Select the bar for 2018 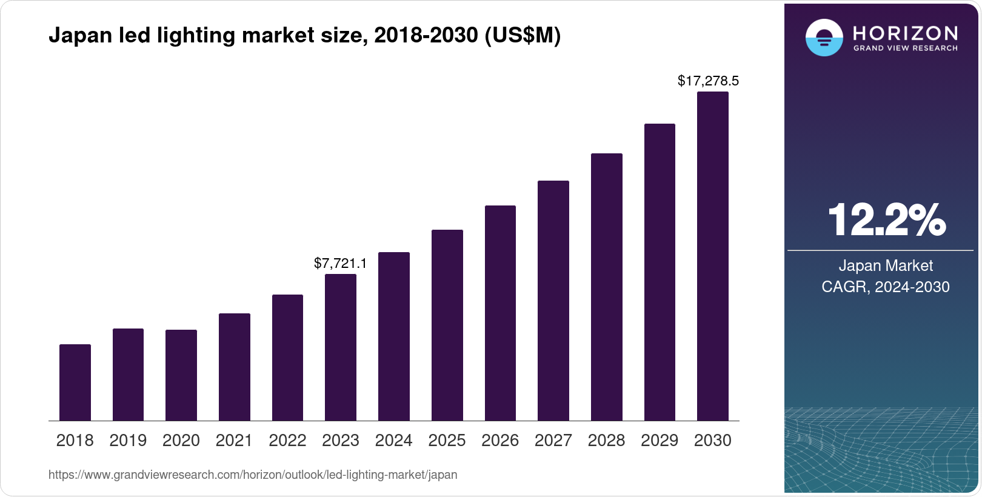[75, 382]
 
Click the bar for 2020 [181, 375]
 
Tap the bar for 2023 [341, 347]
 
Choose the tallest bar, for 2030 [713, 256]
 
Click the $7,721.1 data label [340, 263]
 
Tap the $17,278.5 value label [708, 81]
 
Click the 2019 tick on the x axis [128, 441]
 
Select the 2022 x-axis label [287, 441]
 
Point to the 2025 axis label [447, 441]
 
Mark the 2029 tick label [660, 441]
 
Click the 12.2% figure [886, 220]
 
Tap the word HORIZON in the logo [905, 33]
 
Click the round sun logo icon [824, 38]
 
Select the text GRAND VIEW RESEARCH [905, 48]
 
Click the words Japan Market [886, 265]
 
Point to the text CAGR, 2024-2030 [886, 287]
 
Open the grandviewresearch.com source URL [253, 475]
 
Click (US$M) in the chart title [523, 35]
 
